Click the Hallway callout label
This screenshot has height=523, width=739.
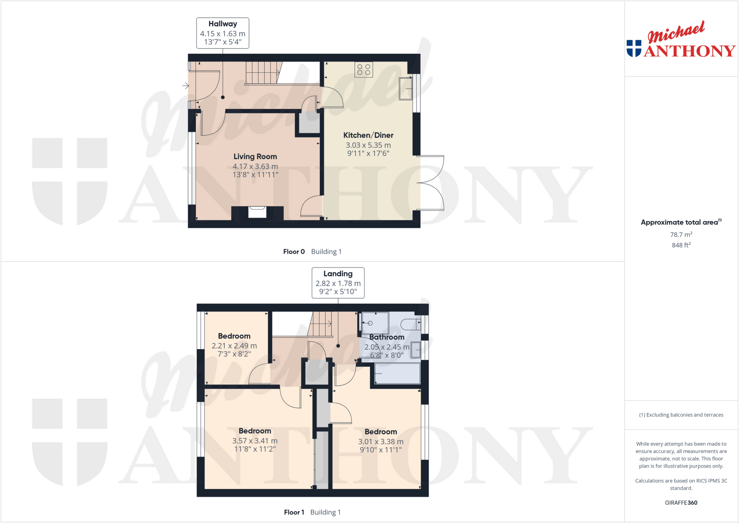pyautogui.click(x=223, y=24)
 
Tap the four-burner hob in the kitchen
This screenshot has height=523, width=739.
pyautogui.click(x=364, y=70)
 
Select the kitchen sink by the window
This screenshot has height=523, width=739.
pyautogui.click(x=406, y=88)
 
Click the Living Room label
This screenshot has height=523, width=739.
pyautogui.click(x=255, y=157)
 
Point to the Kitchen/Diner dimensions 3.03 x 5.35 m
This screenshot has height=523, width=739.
pyautogui.click(x=368, y=145)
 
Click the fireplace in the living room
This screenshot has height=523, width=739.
pyautogui.click(x=257, y=212)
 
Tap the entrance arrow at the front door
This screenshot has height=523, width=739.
pyautogui.click(x=185, y=86)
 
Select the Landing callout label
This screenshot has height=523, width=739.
pyautogui.click(x=338, y=274)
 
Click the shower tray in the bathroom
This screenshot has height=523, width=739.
pyautogui.click(x=375, y=323)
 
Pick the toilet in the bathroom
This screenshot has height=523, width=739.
pyautogui.click(x=411, y=324)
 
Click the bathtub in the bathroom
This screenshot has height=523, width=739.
pyautogui.click(x=397, y=373)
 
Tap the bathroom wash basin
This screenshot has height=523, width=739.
pyautogui.click(x=416, y=350)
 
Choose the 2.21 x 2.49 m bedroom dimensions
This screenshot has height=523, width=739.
pyautogui.click(x=234, y=346)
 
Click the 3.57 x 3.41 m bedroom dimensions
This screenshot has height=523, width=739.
pyautogui.click(x=255, y=441)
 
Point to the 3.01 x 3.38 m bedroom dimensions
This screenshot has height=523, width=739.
pyautogui.click(x=381, y=441)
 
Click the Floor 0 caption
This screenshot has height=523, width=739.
pyautogui.click(x=294, y=252)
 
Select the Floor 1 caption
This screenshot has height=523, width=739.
pyautogui.click(x=294, y=512)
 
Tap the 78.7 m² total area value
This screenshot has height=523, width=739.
pyautogui.click(x=681, y=235)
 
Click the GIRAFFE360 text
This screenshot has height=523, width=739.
pyautogui.click(x=681, y=502)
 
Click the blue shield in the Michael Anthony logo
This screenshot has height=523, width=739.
pyautogui.click(x=634, y=48)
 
